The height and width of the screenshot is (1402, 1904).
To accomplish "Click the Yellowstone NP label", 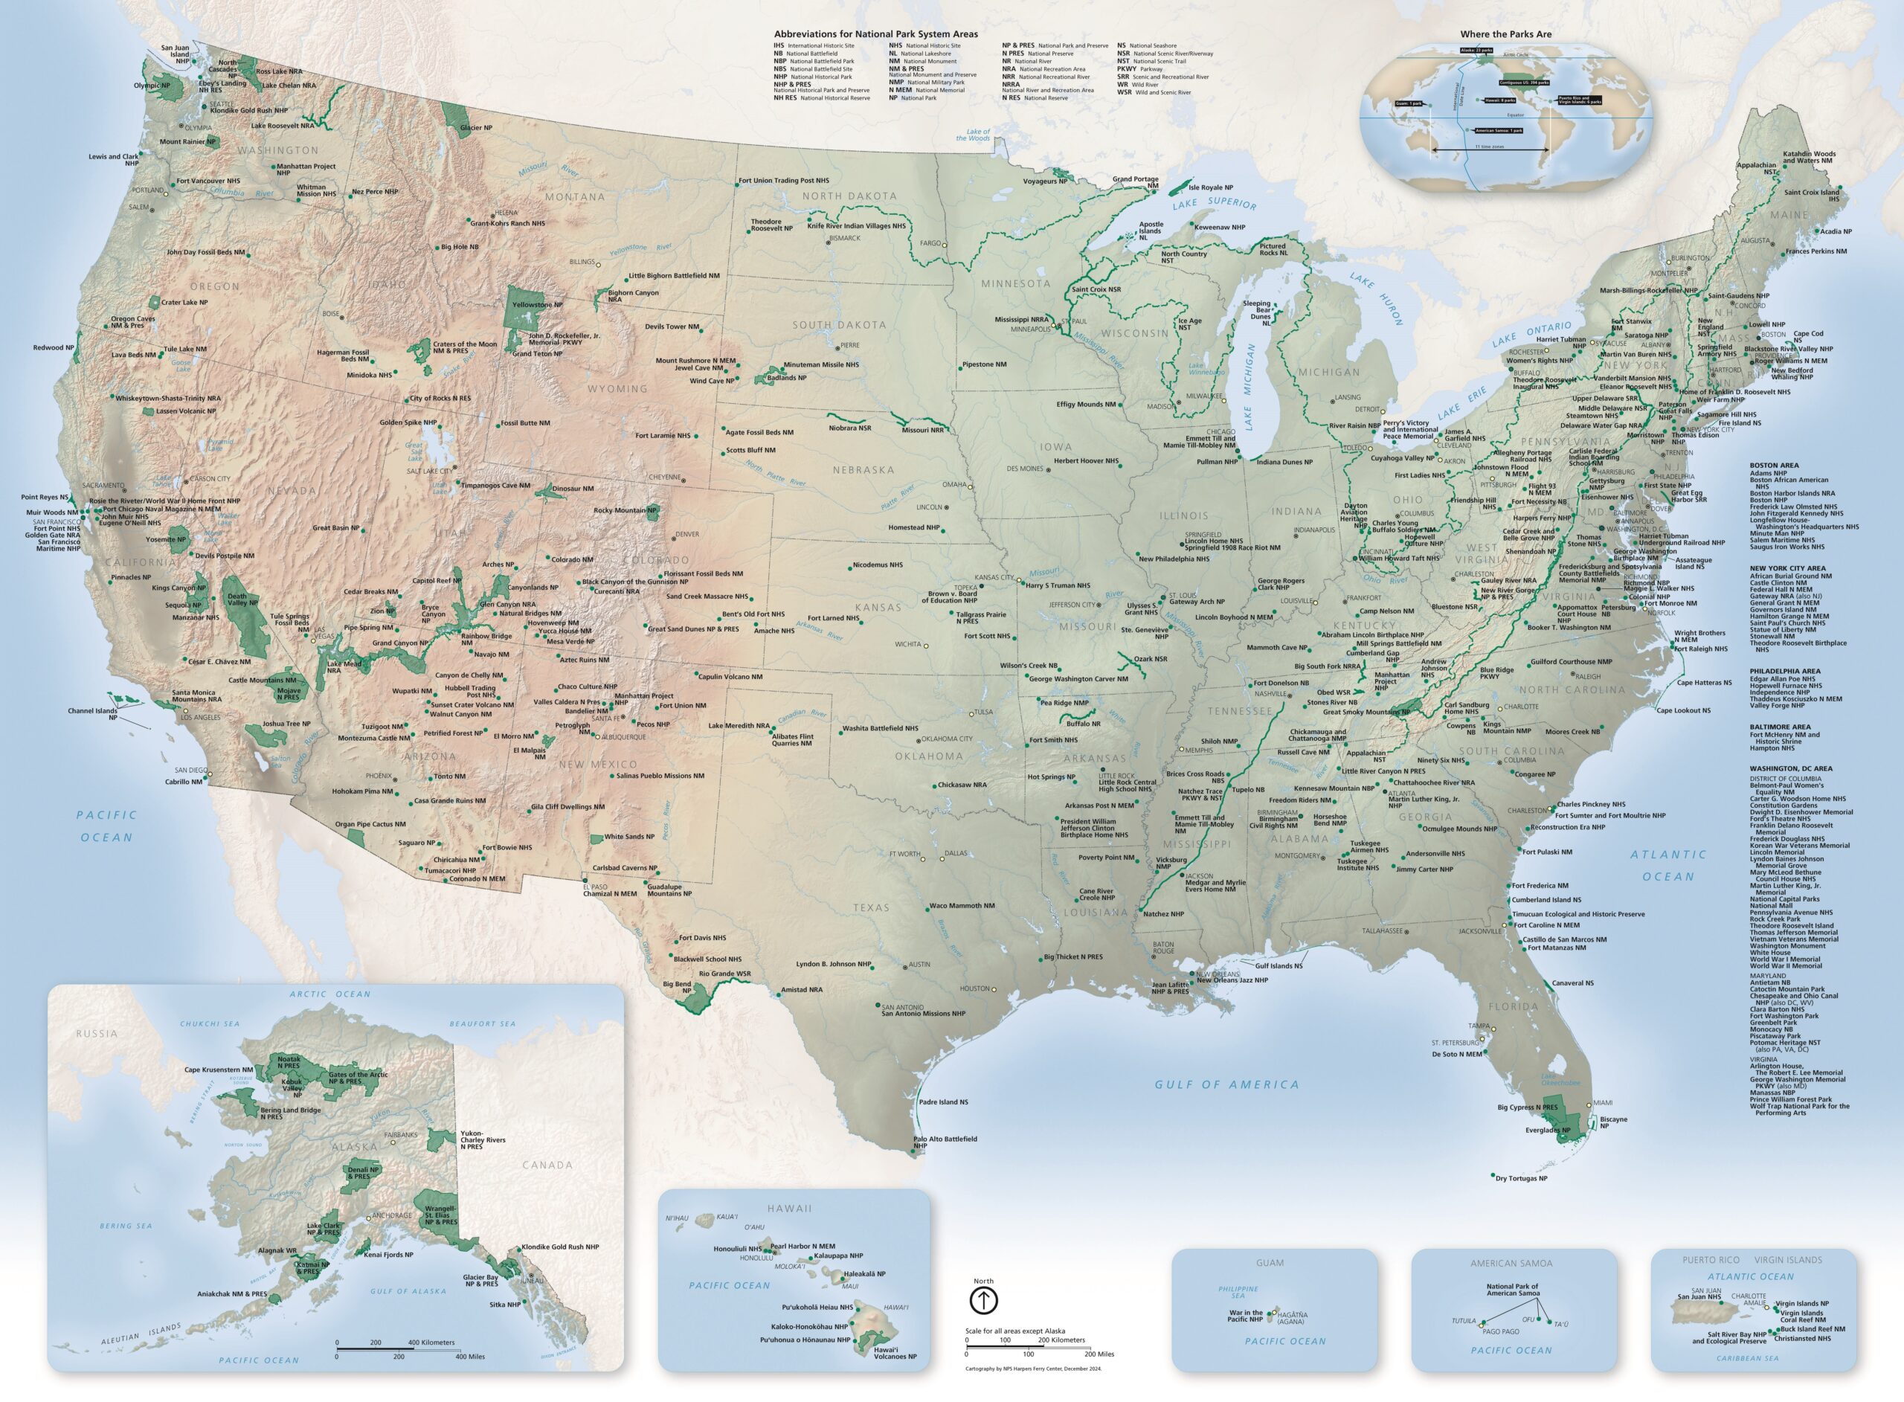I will tap(537, 305).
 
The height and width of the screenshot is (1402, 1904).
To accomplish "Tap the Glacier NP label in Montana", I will tap(476, 128).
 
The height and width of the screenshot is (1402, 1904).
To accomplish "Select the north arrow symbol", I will tap(983, 1300).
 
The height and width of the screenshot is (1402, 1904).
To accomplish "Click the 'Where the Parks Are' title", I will tap(1505, 35).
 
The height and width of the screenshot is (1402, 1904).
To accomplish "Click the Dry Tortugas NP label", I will tap(1521, 1178).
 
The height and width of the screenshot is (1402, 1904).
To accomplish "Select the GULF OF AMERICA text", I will tap(1228, 1084).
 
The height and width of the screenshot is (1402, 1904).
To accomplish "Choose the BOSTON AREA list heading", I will tap(1773, 465).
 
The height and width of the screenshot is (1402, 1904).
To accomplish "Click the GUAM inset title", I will tap(1270, 1263).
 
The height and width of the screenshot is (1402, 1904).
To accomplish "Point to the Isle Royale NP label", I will tap(1211, 187).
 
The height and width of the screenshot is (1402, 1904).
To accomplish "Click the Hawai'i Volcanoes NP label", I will tap(895, 1353).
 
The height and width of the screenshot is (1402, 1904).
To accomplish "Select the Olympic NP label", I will tap(152, 86).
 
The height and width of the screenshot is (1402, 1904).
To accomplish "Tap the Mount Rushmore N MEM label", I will tap(695, 361).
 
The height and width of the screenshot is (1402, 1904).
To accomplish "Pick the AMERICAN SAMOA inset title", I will tap(1511, 1263).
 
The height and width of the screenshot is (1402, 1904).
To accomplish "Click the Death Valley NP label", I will tap(242, 599).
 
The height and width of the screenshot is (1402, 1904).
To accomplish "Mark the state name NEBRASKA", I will tap(863, 469).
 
